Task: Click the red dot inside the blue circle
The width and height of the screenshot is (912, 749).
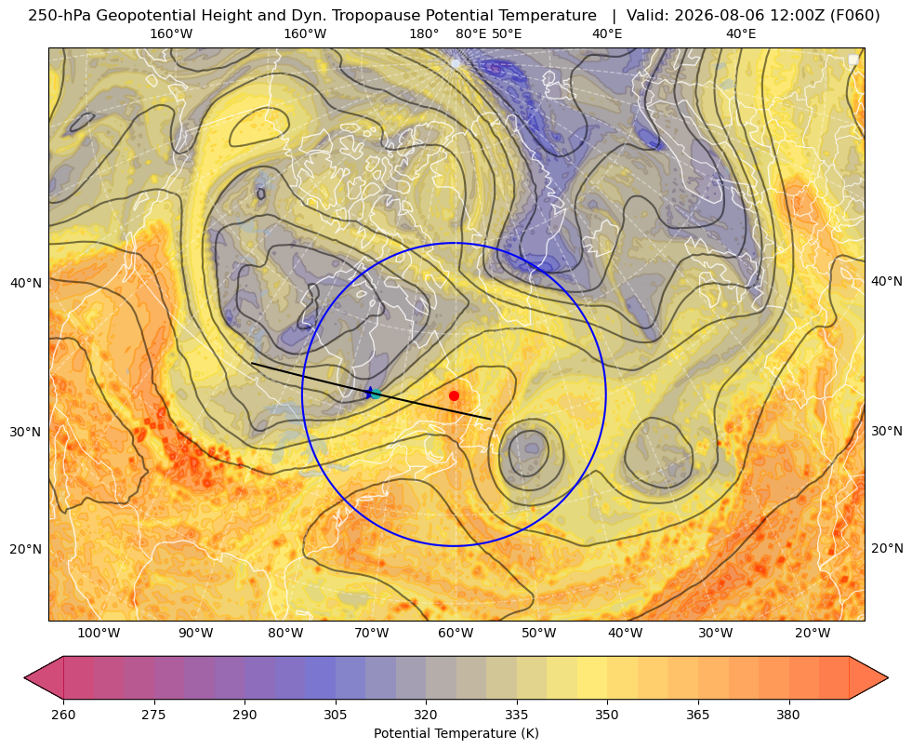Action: coord(455,395)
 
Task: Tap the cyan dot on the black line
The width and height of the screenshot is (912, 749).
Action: coord(376,394)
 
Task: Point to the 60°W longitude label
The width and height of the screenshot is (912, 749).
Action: coord(456,634)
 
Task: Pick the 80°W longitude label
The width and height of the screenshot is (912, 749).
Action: coord(285,634)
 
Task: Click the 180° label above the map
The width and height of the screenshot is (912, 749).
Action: coord(424,33)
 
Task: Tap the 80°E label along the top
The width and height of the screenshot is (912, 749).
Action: coord(470,33)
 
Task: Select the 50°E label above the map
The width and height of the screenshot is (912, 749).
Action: coord(507,33)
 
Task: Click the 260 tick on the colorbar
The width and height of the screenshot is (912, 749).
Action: coord(63,715)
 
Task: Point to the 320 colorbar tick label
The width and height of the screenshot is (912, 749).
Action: coord(426,715)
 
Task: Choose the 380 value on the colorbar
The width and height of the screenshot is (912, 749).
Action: coord(788,715)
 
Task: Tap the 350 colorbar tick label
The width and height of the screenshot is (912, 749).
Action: coord(607,715)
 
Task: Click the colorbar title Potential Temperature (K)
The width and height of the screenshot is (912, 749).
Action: coord(456,733)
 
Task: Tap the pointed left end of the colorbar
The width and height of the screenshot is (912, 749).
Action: coord(25,677)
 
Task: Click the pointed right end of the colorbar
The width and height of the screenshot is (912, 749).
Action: coord(888,677)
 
